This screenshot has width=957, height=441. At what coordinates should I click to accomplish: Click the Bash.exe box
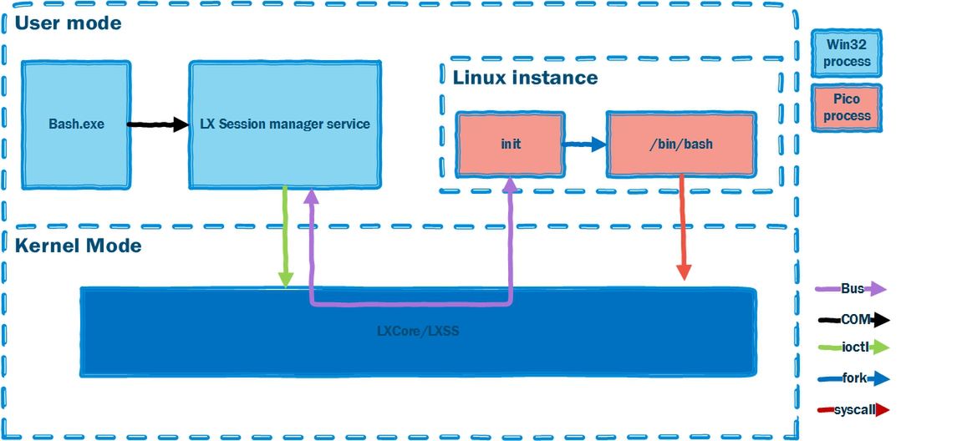[x=76, y=124]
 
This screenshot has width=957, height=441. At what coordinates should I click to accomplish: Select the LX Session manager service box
[x=284, y=124]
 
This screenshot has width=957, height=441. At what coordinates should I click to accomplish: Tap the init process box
[x=511, y=144]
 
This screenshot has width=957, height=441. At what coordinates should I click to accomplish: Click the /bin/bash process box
[x=680, y=144]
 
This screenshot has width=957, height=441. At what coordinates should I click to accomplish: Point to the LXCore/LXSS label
[x=418, y=331]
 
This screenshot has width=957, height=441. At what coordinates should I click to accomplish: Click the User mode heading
[x=68, y=23]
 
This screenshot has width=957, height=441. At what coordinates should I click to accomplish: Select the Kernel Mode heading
[x=78, y=246]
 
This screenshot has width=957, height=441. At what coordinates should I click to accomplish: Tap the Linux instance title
[x=525, y=78]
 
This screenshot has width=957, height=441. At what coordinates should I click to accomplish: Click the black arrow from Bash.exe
[x=159, y=124]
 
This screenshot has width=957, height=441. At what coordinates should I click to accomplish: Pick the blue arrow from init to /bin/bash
[x=584, y=144]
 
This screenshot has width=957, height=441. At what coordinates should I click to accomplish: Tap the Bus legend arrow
[x=850, y=289]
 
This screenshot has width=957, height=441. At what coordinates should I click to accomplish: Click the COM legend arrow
[x=853, y=319]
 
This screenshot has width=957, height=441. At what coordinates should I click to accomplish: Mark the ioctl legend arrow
[x=853, y=347]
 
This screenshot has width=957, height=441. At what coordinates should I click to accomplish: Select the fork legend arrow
[x=853, y=378]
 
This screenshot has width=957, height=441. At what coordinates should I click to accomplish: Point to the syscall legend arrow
[x=853, y=409]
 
